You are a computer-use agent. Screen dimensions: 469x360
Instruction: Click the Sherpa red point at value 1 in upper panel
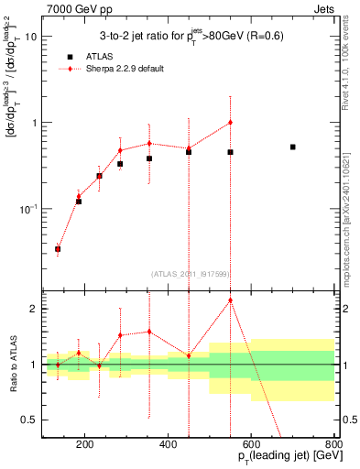coord(230,123)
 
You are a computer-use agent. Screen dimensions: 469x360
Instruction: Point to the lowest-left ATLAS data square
coord(58,248)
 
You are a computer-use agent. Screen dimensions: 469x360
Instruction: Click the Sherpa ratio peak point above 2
coord(230,300)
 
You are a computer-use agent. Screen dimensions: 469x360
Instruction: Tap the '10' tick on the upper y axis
coord(30,37)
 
